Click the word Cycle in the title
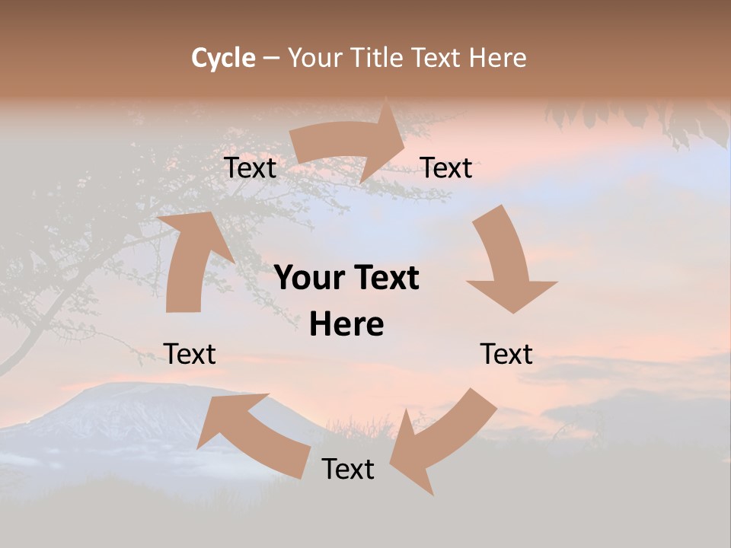pyautogui.click(x=223, y=58)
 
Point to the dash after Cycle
pyautogui.click(x=272, y=59)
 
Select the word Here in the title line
pyautogui.click(x=497, y=58)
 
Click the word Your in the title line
pyautogui.click(x=314, y=58)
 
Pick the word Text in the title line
pyautogui.click(x=438, y=58)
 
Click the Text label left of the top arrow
pyautogui.click(x=250, y=167)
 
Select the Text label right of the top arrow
pyautogui.click(x=446, y=167)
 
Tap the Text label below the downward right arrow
pyautogui.click(x=506, y=354)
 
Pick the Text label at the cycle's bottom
pyautogui.click(x=348, y=469)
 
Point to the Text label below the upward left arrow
pyautogui.click(x=190, y=354)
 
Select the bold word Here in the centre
pyautogui.click(x=346, y=324)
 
